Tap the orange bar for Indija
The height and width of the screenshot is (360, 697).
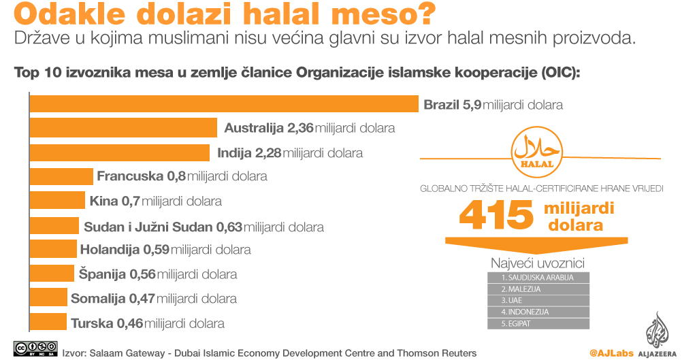(x=119, y=152)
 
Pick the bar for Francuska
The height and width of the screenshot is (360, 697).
(x=61, y=176)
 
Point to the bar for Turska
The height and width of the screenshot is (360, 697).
(x=48, y=323)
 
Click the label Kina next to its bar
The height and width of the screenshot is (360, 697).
(x=104, y=201)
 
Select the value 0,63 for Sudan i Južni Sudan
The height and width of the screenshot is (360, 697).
(x=229, y=227)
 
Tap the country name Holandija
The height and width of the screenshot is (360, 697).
(x=110, y=250)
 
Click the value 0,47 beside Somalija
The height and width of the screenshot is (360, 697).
(x=142, y=298)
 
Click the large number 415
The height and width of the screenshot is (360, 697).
(x=496, y=215)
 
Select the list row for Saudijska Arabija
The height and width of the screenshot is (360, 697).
(x=538, y=278)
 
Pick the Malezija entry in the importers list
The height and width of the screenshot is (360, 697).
(x=538, y=289)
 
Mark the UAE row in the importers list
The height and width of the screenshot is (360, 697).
(x=538, y=300)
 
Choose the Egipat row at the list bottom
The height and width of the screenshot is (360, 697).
(x=538, y=323)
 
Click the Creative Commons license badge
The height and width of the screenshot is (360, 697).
(x=35, y=348)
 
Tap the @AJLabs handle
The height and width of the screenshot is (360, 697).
(x=611, y=353)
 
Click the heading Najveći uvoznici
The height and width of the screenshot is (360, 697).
(x=538, y=263)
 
